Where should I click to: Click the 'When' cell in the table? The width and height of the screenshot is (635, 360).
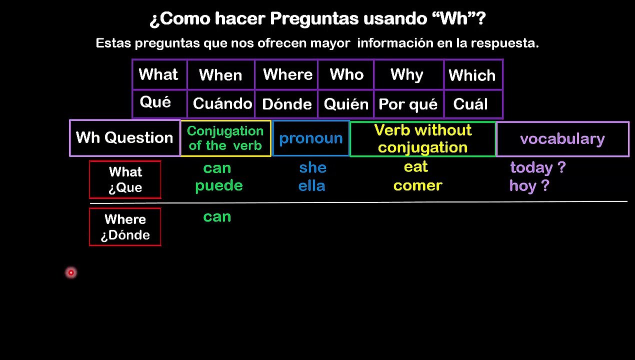click(x=221, y=75)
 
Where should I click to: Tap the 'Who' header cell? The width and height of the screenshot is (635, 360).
click(x=346, y=75)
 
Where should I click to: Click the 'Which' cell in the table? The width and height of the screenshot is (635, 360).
click(x=473, y=75)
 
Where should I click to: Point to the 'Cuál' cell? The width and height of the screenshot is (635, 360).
click(x=473, y=103)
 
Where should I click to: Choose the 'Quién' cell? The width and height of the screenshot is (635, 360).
click(x=346, y=103)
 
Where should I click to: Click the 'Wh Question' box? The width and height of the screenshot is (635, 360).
click(x=124, y=138)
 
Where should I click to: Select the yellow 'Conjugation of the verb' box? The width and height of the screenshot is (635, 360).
click(x=225, y=138)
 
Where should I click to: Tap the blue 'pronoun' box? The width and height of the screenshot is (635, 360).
click(x=310, y=138)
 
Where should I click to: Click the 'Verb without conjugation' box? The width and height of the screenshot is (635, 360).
click(x=423, y=139)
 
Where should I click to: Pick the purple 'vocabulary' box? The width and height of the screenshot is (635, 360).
click(x=562, y=139)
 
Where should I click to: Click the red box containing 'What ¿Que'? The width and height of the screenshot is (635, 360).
click(x=125, y=179)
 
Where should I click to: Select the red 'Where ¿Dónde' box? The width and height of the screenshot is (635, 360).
click(x=125, y=227)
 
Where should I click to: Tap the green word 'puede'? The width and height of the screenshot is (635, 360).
click(x=219, y=186)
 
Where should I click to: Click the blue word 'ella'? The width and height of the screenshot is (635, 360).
click(x=312, y=186)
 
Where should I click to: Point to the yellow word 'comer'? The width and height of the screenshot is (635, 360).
click(x=418, y=185)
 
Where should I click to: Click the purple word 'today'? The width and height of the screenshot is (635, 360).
click(x=531, y=168)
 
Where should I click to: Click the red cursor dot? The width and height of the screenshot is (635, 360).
click(x=71, y=272)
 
